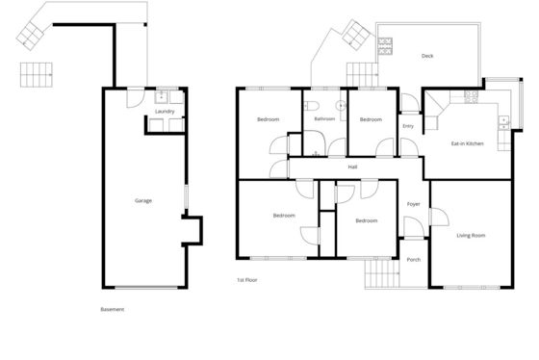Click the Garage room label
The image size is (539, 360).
click(143, 200)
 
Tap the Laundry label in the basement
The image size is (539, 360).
click(165, 112)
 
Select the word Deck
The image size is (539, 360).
click(427, 56)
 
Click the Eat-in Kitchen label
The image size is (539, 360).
click(467, 143)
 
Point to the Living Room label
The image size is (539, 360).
click(471, 236)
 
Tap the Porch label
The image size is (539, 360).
click(414, 260)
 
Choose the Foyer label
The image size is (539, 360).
click(413, 204)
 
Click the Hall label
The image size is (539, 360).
click(352, 167)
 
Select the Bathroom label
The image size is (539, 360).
click(324, 119)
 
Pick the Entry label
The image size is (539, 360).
click(408, 126)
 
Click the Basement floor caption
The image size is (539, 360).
click(112, 309)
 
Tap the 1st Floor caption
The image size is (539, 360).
click(246, 280)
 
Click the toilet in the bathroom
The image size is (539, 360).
click(312, 106)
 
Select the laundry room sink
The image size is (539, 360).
click(161, 97)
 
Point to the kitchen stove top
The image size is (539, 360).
click(471, 97)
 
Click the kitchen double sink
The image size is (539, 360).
click(503, 123)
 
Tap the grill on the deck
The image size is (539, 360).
click(385, 46)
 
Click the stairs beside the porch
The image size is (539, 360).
click(382, 273)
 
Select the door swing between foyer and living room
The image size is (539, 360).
click(440, 217)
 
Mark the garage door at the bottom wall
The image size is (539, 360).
click(146, 287)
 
